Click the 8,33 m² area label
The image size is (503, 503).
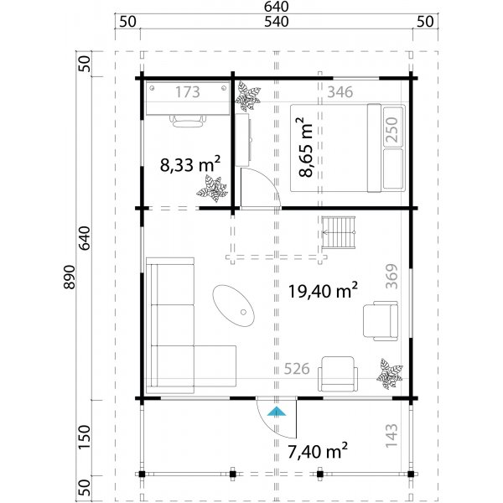point(190,164)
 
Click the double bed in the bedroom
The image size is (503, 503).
point(348,147)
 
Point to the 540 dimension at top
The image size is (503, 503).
point(276,22)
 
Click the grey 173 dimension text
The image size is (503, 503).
point(188,92)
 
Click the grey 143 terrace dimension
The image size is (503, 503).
point(391,436)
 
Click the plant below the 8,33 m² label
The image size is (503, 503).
point(213,192)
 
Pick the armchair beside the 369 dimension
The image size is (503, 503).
point(378,320)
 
